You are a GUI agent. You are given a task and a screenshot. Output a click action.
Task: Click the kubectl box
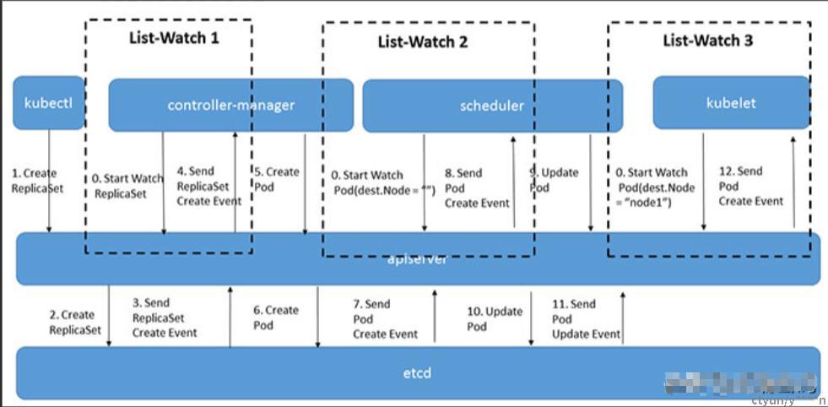(48, 103)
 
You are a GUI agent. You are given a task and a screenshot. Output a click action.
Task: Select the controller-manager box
(230, 106)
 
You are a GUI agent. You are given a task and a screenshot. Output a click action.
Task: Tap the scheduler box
(492, 106)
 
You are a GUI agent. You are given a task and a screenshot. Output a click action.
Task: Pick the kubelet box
(730, 103)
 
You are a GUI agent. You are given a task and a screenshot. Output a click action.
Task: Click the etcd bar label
(418, 372)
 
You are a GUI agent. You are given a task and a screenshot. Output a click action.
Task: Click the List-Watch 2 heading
(422, 41)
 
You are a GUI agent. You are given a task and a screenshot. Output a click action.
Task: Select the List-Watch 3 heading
(707, 41)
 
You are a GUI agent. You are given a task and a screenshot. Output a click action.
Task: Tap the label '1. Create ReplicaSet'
(36, 181)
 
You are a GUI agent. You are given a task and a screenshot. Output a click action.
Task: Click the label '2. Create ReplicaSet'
(75, 323)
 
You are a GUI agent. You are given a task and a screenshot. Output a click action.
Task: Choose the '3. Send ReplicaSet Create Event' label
(165, 317)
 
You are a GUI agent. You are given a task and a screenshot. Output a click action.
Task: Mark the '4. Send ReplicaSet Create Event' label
(208, 187)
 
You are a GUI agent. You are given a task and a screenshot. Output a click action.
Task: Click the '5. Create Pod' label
(277, 178)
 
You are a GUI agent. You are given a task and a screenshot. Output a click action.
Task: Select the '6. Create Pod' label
(276, 317)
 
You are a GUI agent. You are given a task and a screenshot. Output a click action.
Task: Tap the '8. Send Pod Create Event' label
(477, 187)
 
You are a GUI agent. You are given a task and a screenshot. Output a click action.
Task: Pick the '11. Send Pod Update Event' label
(586, 319)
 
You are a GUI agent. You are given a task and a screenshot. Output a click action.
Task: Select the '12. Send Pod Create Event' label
(750, 186)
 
